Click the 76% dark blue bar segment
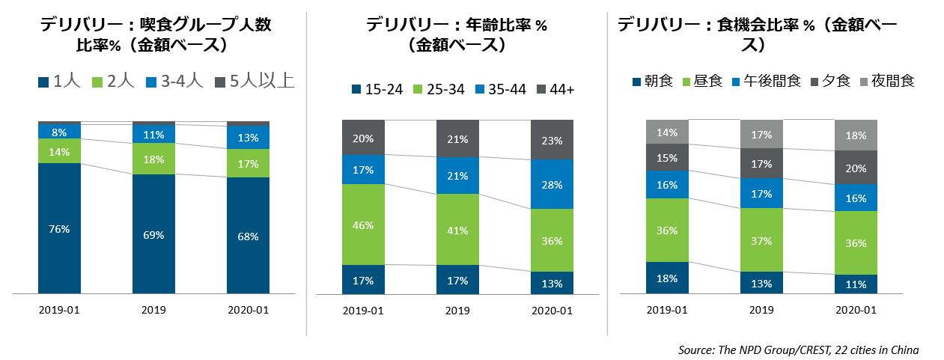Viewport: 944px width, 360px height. tap(59, 228)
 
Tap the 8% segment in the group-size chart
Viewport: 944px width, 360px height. tap(59, 132)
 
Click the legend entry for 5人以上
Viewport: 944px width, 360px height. tap(254, 82)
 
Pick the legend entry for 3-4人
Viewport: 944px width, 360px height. tap(174, 82)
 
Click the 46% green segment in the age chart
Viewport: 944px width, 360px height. tap(363, 225)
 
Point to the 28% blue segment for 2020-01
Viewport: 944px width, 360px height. tap(552, 184)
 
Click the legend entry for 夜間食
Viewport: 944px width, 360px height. tap(888, 81)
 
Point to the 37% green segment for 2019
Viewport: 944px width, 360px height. tap(761, 240)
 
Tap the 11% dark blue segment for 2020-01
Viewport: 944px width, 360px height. tap(856, 284)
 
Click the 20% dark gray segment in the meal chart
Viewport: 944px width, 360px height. tap(856, 168)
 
